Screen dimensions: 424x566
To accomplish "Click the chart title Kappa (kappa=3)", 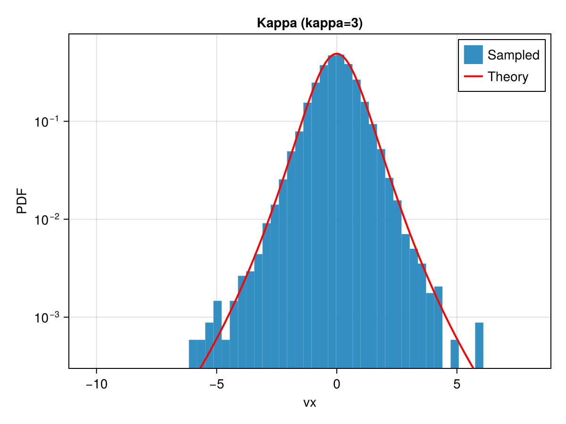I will tap(309, 23).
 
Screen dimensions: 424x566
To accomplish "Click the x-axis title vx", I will tap(309, 403).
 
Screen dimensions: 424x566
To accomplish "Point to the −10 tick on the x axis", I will tap(96, 384).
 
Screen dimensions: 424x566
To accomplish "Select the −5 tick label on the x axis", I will tap(216, 384).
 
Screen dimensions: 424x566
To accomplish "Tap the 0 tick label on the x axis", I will tap(336, 384).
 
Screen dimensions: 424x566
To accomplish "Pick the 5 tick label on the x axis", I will tap(457, 384).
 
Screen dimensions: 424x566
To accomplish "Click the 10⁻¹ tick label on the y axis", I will tap(46, 121).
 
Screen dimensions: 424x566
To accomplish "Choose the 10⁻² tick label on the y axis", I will tap(46, 219).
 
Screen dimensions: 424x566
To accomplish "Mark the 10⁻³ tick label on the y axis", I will tap(46, 317).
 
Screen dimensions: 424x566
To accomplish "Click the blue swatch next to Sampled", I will tap(473, 55).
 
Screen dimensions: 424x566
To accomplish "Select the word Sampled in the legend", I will tap(513, 55).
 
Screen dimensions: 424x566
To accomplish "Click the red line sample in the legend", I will tap(473, 76).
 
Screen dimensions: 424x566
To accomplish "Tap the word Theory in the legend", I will tap(508, 77).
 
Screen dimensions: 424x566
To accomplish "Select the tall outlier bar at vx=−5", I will tap(217, 334).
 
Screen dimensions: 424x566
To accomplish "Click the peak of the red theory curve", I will tap(336, 54).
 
